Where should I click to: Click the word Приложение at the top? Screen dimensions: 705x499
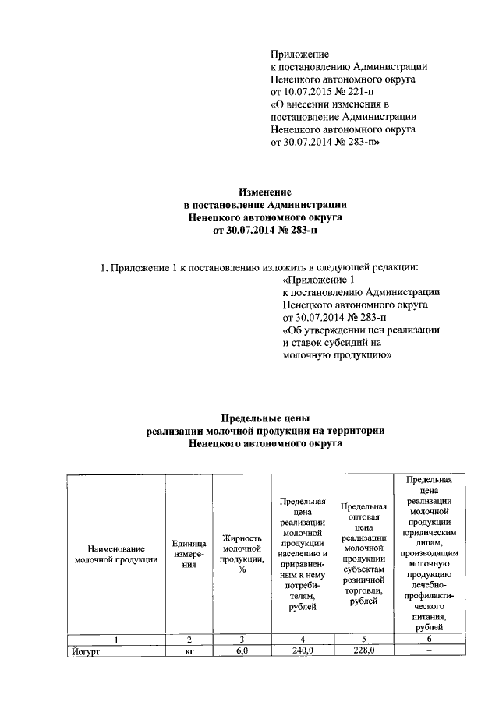click(300, 55)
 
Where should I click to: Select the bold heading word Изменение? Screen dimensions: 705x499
click(264, 191)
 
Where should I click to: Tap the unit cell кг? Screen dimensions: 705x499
click(189, 652)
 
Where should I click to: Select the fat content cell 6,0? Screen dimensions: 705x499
click(242, 651)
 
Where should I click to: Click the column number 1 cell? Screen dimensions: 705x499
click(115, 640)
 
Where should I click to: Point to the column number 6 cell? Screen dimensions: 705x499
click(430, 640)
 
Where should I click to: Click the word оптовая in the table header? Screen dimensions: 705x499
click(365, 516)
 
